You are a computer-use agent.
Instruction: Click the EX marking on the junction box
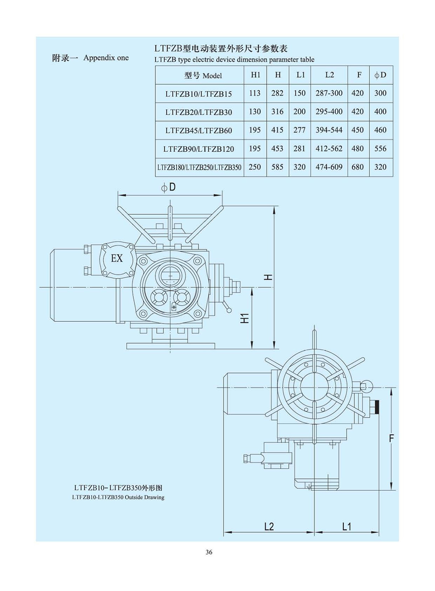(x=117, y=258)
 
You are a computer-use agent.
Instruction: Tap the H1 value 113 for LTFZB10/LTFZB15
(x=255, y=93)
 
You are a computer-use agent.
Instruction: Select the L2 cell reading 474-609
(x=329, y=167)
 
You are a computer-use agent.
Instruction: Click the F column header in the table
(x=359, y=75)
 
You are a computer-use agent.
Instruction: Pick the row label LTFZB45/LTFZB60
(x=199, y=130)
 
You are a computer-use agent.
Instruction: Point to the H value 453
(x=277, y=148)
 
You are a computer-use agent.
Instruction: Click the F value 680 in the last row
(x=357, y=167)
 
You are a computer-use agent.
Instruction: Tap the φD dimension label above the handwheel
(x=169, y=187)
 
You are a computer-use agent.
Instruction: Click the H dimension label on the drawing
(x=268, y=277)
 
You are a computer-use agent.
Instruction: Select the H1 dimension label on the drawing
(x=245, y=318)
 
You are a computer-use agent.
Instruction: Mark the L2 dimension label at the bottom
(x=269, y=526)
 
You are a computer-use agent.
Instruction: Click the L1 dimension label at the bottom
(x=347, y=526)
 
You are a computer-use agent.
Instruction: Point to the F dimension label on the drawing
(x=391, y=439)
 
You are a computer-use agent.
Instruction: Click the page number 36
(x=209, y=552)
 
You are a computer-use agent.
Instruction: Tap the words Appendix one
(x=106, y=58)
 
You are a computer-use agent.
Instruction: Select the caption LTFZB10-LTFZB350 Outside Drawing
(x=118, y=497)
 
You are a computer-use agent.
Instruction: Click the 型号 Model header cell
(x=203, y=76)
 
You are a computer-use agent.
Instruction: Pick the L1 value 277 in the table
(x=299, y=130)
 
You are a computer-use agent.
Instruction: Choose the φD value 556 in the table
(x=380, y=148)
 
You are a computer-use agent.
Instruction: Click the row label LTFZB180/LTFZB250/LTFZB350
(x=199, y=167)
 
